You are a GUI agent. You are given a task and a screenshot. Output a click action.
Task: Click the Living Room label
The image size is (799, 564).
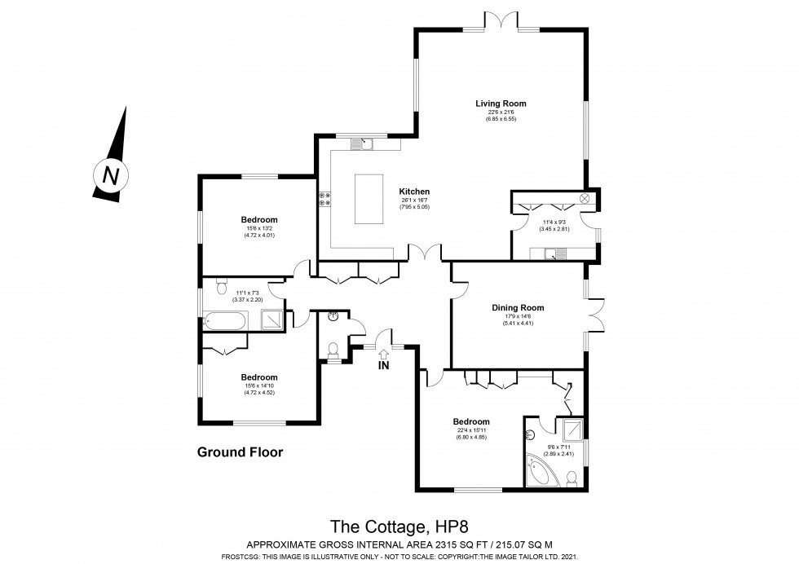[501, 104]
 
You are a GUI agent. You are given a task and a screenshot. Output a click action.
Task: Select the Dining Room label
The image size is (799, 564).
[517, 307]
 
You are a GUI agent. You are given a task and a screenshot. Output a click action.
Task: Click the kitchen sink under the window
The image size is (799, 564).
[362, 145]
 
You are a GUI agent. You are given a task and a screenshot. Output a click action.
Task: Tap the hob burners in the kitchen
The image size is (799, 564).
[324, 200]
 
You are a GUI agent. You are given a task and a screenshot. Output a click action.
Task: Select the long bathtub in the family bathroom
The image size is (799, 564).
[224, 321]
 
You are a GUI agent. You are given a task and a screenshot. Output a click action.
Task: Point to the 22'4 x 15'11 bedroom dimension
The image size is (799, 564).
[471, 430]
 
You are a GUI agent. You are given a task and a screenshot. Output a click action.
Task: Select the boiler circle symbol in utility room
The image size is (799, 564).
[585, 198]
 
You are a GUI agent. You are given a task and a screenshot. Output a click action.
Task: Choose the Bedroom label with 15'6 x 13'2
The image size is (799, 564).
[258, 219]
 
